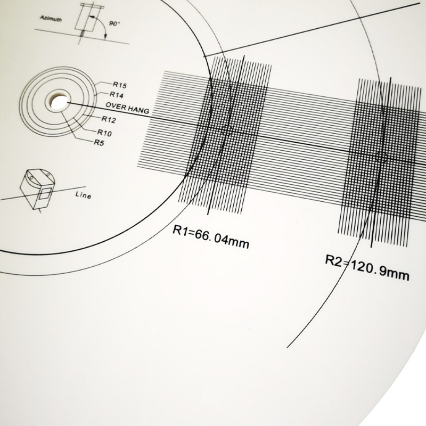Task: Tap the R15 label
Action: (120, 85)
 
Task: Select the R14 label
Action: (116, 95)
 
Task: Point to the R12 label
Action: (109, 119)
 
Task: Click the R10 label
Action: (104, 133)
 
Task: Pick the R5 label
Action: (99, 142)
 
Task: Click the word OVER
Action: (114, 106)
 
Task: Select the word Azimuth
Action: (51, 18)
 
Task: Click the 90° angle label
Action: (114, 23)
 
